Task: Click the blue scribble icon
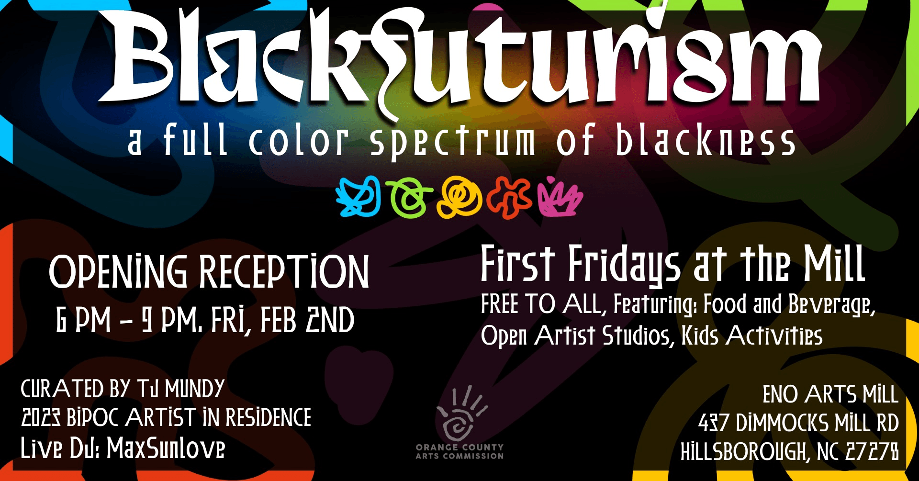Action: point(358,197)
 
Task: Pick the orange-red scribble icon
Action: point(509,198)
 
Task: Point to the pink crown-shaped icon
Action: point(560,197)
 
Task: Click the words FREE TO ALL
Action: point(541,304)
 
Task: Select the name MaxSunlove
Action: point(166,448)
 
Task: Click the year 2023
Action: point(41,418)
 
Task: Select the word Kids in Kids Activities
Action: point(700,336)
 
